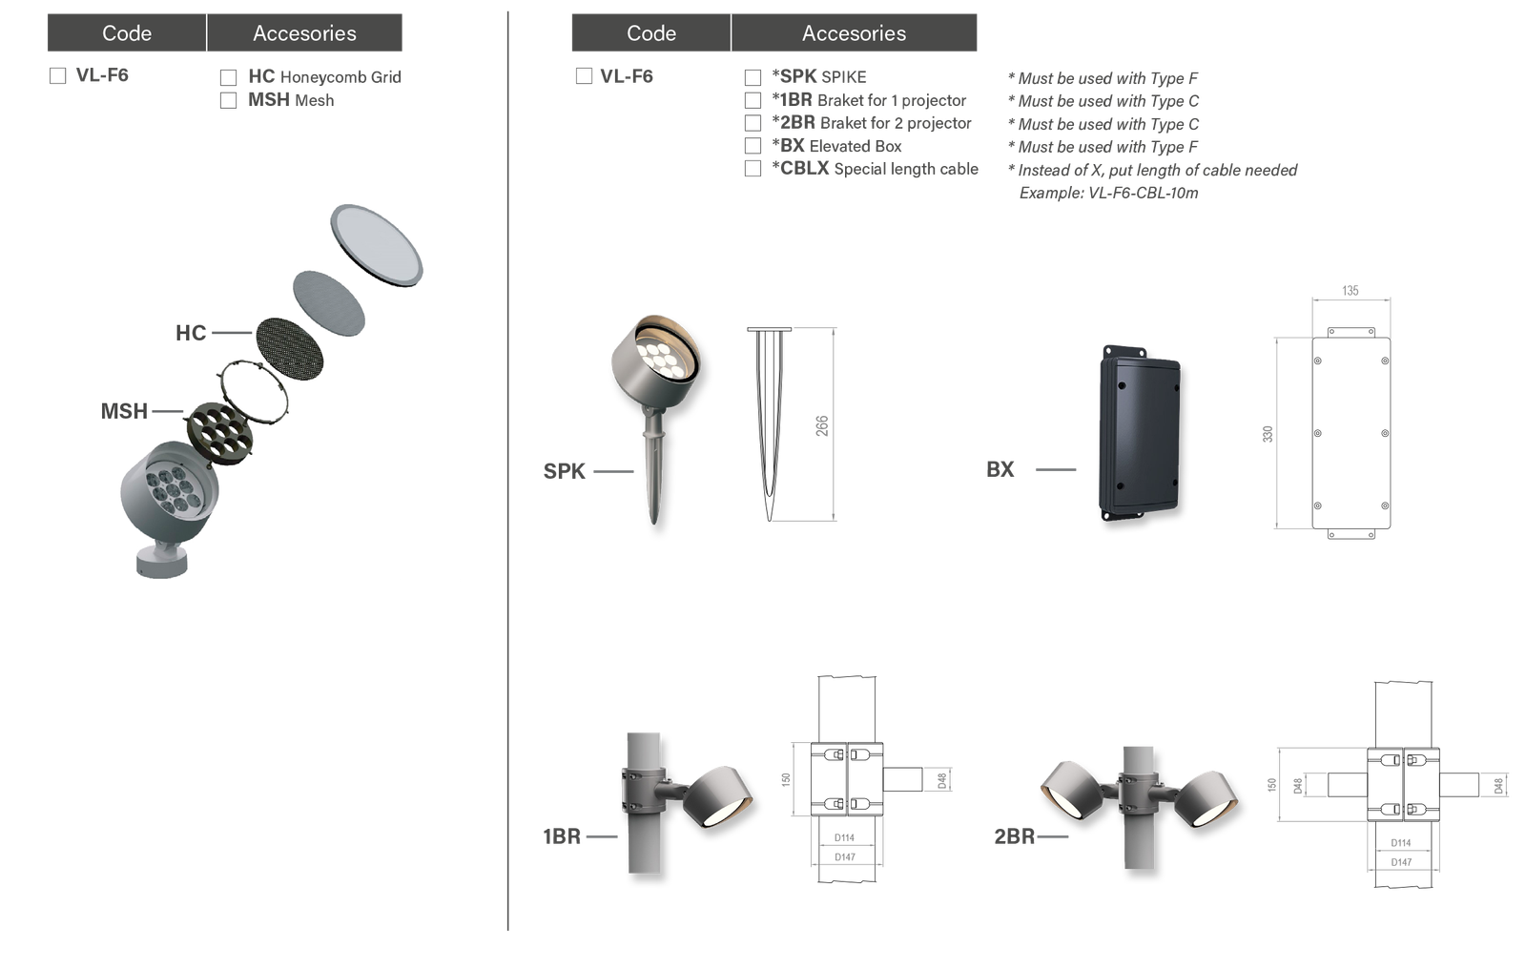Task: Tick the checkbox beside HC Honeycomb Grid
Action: tap(228, 77)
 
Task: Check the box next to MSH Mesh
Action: tap(228, 100)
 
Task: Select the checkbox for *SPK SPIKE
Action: tap(753, 77)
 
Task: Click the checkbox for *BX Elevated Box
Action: tap(753, 146)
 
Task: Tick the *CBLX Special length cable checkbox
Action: tap(753, 169)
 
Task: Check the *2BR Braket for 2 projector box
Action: tap(753, 123)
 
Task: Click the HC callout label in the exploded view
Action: tap(191, 333)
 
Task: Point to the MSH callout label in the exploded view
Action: tap(125, 411)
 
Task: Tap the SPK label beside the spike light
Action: tap(565, 471)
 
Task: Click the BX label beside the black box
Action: tap(1000, 469)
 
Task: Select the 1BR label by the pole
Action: tap(562, 836)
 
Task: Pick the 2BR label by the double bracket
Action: tap(1014, 836)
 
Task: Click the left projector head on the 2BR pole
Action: tap(1072, 788)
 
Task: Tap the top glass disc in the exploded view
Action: tap(376, 245)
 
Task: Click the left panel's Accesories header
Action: tap(304, 33)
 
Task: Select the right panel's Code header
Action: tap(650, 33)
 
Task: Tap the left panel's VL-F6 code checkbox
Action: tap(57, 76)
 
